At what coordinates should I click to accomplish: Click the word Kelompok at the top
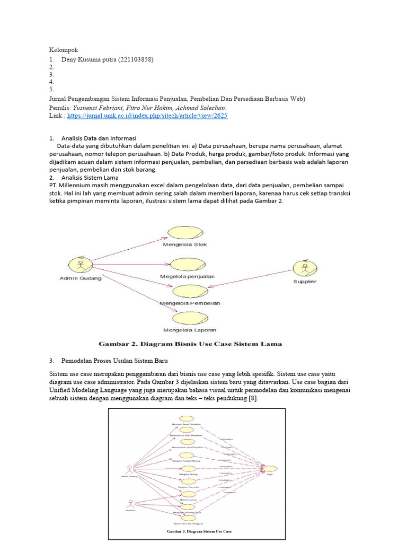pyautogui.click(x=64, y=50)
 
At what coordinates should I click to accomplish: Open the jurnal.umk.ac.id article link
pyautogui.click(x=147, y=115)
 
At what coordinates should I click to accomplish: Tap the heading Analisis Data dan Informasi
pyautogui.click(x=99, y=138)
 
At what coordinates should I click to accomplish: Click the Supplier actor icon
pyautogui.click(x=305, y=268)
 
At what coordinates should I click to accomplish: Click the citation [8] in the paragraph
pyautogui.click(x=253, y=398)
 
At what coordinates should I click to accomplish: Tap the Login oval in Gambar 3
pyautogui.click(x=270, y=468)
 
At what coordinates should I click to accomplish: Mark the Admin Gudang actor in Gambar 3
pyautogui.click(x=129, y=468)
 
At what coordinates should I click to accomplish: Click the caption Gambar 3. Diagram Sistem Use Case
pyautogui.click(x=199, y=531)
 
